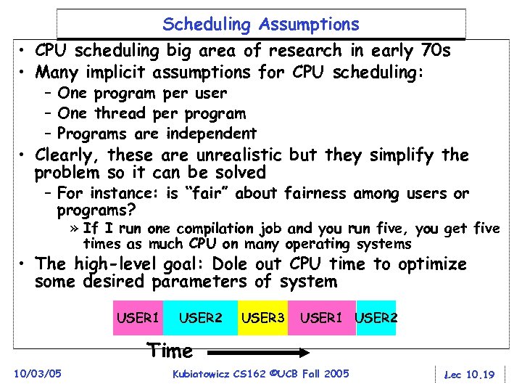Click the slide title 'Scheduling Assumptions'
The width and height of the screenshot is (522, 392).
coord(260,25)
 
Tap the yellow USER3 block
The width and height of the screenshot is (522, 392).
coord(262,318)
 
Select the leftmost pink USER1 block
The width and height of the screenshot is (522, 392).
coord(138,318)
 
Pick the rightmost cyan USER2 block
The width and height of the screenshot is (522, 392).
coord(376,318)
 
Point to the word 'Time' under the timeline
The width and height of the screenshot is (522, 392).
coord(170,351)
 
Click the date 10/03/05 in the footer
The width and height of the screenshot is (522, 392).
coord(38,374)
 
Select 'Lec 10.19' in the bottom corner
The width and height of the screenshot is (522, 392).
coord(468,375)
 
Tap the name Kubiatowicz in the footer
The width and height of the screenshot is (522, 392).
coord(199,374)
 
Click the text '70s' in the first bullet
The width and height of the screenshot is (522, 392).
coord(435,51)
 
